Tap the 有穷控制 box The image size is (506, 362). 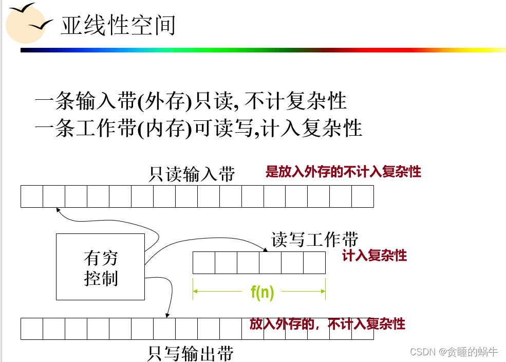(x=100, y=267)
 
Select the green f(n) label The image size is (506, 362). (x=262, y=292)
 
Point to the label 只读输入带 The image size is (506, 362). (x=192, y=174)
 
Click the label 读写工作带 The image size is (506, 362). (x=314, y=240)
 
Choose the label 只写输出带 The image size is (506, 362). (x=191, y=353)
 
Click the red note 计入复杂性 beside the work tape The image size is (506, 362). (x=374, y=256)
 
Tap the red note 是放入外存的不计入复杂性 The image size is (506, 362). (x=343, y=172)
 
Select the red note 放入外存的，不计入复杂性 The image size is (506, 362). (x=327, y=323)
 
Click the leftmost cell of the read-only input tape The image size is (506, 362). (x=32, y=196)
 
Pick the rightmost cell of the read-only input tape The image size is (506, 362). (x=362, y=196)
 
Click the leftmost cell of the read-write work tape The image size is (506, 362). (x=203, y=263)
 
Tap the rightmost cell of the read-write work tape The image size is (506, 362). (x=314, y=263)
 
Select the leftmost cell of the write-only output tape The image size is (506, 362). (x=32, y=329)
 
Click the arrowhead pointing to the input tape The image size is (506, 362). (x=59, y=209)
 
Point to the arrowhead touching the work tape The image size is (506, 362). (x=265, y=250)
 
